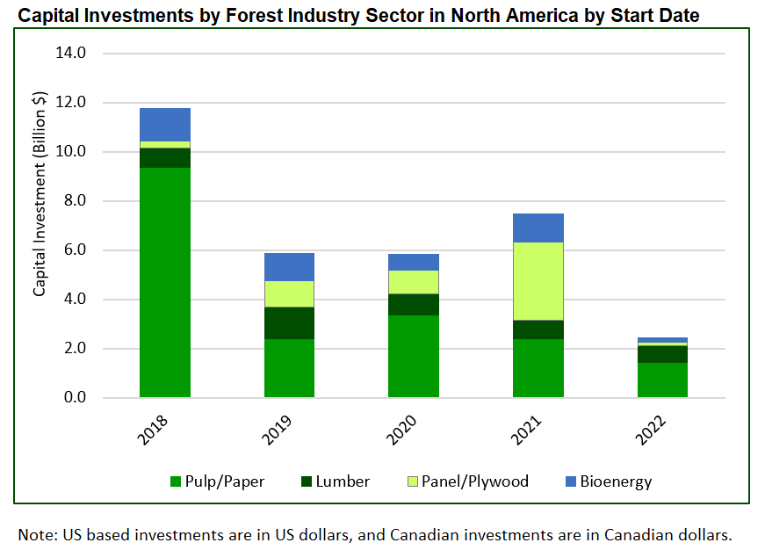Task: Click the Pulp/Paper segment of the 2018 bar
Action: (165, 281)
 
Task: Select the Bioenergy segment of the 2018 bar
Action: (165, 124)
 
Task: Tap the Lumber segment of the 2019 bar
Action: (289, 322)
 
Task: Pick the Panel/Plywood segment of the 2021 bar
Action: (538, 280)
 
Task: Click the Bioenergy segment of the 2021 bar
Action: (538, 228)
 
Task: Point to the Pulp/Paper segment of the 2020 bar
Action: (414, 356)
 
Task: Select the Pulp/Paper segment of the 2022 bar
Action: (661, 380)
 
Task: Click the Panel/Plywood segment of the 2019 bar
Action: (289, 293)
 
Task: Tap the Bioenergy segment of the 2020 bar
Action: (414, 262)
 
